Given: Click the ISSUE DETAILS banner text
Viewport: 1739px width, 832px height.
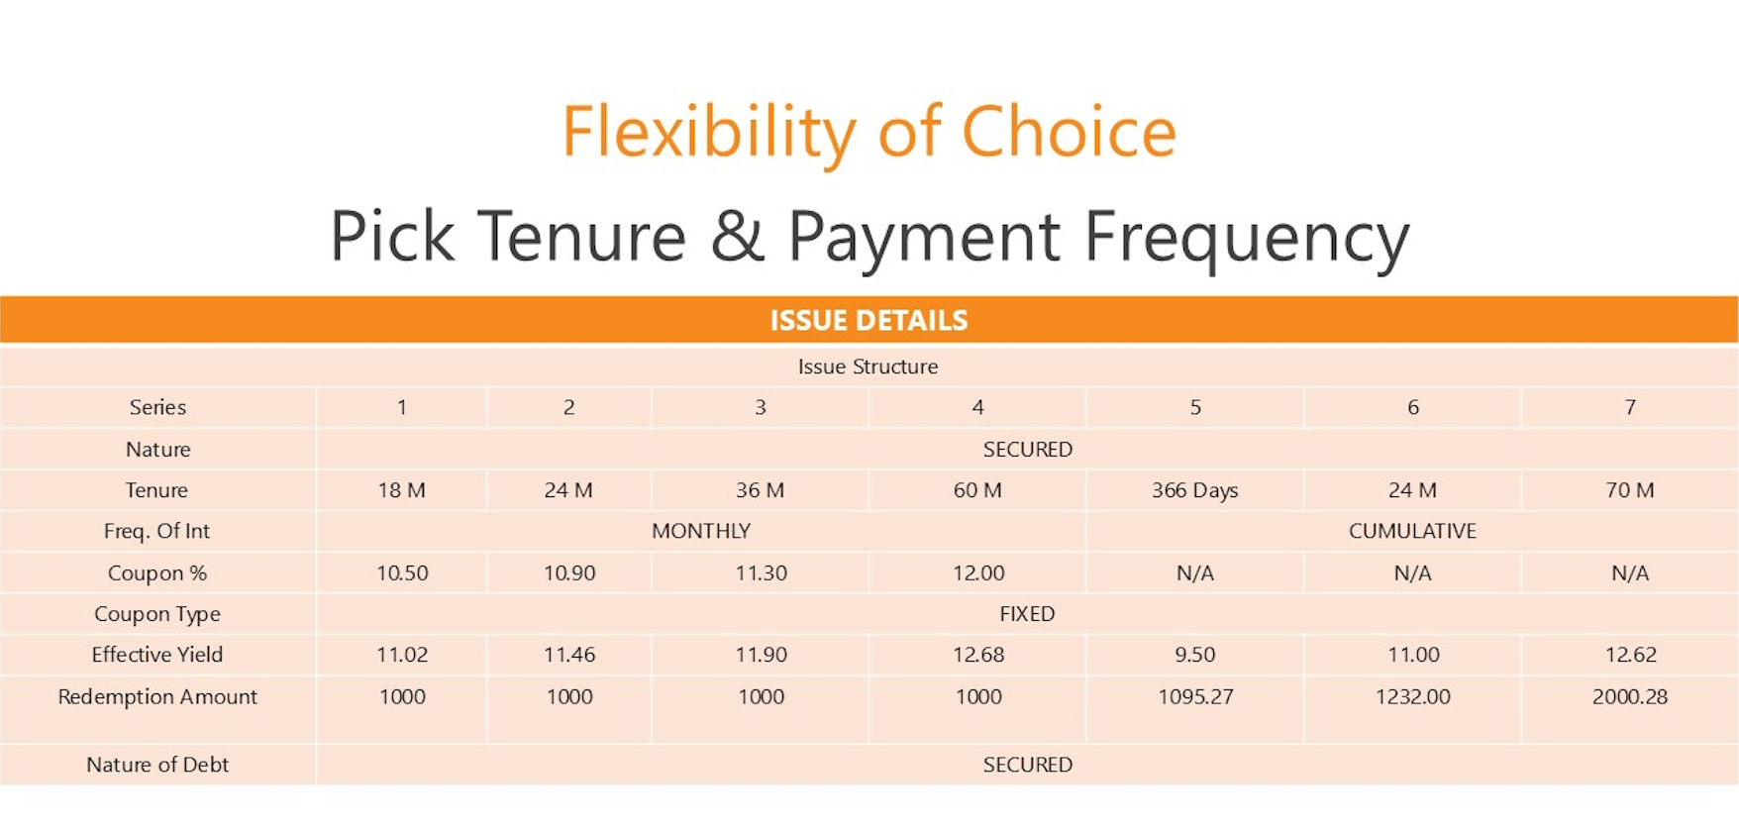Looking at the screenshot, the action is (x=869, y=320).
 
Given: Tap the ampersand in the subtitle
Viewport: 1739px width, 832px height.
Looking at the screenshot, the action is (x=738, y=236).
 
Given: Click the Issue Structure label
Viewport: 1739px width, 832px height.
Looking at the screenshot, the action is (x=868, y=366).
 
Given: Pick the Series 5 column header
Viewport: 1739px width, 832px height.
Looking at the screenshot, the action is (x=1195, y=407).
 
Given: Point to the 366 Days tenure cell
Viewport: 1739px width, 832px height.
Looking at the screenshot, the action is (x=1194, y=490).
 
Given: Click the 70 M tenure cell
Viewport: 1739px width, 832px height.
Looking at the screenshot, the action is (x=1630, y=490).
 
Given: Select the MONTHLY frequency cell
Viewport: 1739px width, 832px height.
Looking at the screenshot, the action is (x=701, y=531).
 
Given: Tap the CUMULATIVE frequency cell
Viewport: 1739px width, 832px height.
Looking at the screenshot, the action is (x=1412, y=531).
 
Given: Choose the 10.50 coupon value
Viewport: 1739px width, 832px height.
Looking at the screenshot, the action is (x=402, y=572).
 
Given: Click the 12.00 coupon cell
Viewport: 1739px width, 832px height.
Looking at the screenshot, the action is (x=978, y=572).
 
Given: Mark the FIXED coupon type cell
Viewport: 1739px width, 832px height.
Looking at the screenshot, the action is (x=1027, y=614).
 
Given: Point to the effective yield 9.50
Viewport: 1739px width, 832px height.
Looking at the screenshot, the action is (x=1195, y=655).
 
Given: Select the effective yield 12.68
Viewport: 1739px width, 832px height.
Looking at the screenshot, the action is (x=978, y=655).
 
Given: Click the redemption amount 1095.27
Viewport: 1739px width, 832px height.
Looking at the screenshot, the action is (x=1195, y=696).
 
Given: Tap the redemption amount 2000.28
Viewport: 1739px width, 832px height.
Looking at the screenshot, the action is (x=1630, y=696).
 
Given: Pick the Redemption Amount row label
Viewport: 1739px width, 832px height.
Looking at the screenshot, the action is (x=157, y=696).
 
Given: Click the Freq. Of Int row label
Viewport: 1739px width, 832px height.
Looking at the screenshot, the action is (x=156, y=531).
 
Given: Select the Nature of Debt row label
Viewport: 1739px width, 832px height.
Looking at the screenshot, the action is (x=157, y=765).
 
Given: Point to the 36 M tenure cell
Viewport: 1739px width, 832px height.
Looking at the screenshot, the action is (x=760, y=490).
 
